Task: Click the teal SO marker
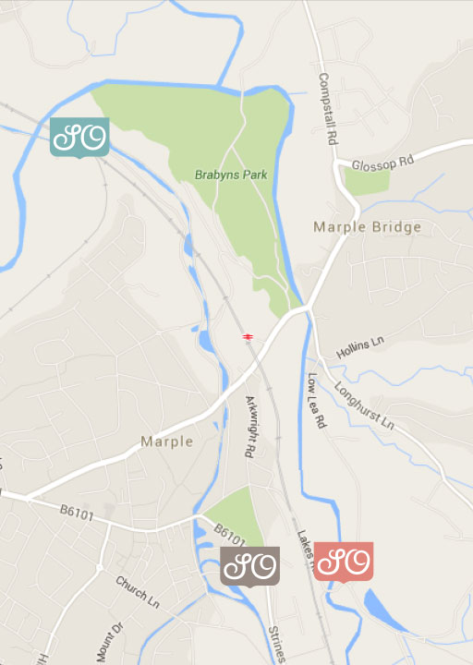pyautogui.click(x=79, y=138)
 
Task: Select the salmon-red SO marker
pyautogui.click(x=344, y=561)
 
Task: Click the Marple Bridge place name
pyautogui.click(x=367, y=226)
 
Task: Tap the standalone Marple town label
pyautogui.click(x=167, y=441)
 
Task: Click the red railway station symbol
pyautogui.click(x=248, y=336)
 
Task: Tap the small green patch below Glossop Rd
pyautogui.click(x=367, y=180)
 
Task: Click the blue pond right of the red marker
pyautogui.click(x=382, y=611)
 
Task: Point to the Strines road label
pyautogui.click(x=275, y=645)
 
